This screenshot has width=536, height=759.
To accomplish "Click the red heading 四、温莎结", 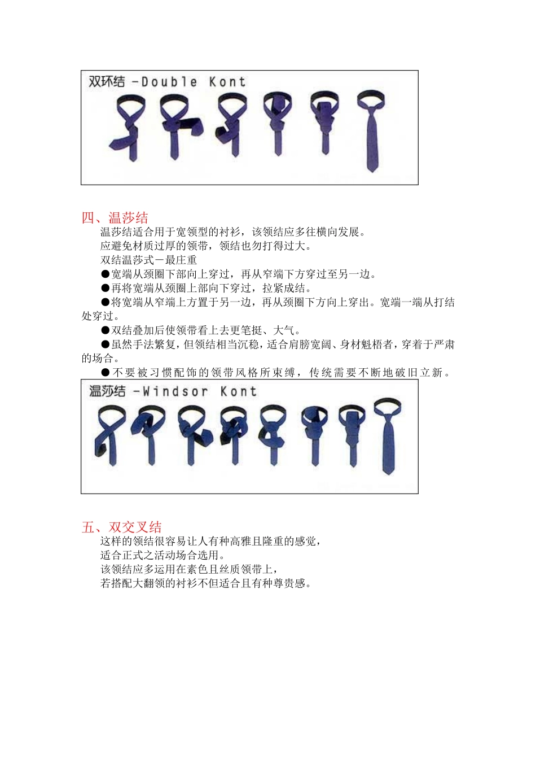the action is tap(115, 217).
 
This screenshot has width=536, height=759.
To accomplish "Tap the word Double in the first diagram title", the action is tap(169, 82).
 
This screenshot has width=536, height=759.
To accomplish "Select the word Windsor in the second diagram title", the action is tap(175, 392).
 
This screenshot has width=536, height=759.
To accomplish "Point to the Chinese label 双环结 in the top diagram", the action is tap(107, 82).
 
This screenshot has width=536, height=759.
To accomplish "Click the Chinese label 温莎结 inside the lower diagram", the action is tap(107, 391).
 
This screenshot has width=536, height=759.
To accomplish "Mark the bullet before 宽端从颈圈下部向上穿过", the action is tap(106, 274).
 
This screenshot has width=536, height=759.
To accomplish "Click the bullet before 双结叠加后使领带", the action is tap(106, 330).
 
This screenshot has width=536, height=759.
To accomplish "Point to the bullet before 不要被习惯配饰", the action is tap(106, 373).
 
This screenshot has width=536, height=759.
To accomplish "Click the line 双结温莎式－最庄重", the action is tap(148, 260).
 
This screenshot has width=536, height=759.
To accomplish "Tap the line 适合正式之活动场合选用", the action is tap(163, 555).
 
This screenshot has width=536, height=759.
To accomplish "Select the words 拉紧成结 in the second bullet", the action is tap(284, 288).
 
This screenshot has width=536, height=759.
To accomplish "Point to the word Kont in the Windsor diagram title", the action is tap(238, 392).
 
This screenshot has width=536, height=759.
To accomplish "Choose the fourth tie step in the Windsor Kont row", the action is tap(234, 435).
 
